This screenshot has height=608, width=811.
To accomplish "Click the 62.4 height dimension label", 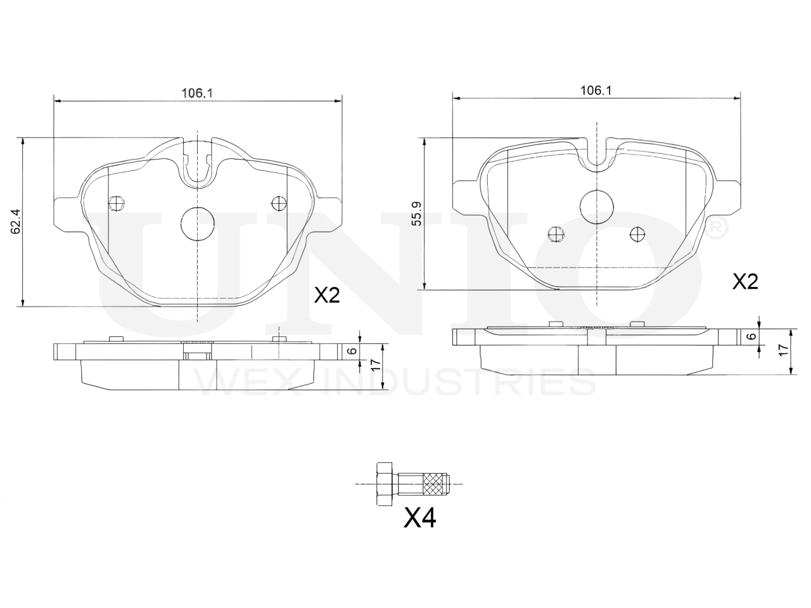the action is click(16, 222).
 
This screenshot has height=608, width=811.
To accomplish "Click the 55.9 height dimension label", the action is click(417, 213).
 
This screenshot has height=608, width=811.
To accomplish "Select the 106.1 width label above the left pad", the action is click(197, 93).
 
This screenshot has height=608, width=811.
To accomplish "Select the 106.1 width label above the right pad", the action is click(596, 91).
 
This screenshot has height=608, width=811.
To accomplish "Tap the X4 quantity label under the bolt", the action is click(419, 518).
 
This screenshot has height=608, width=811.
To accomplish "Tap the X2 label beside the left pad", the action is click(326, 295).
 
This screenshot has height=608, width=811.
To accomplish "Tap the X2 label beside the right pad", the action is click(745, 282).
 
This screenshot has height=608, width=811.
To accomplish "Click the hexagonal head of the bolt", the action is click(384, 484).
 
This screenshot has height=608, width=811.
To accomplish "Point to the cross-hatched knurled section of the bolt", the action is click(434, 484).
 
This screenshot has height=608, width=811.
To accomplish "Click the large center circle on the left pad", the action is click(198, 224).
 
